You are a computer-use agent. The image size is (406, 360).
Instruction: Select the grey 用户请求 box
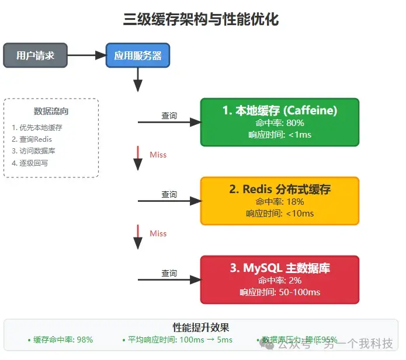click(x=36, y=55)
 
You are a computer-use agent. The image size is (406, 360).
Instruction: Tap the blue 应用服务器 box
click(x=138, y=55)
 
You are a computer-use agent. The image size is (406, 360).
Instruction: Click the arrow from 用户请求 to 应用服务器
click(x=86, y=55)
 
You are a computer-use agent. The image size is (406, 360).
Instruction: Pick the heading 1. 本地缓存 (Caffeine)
click(x=279, y=110)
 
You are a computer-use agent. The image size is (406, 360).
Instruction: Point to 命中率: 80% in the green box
click(x=279, y=123)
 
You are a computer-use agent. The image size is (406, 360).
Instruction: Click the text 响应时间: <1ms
click(x=279, y=135)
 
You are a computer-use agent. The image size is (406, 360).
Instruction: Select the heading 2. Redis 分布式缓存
click(x=279, y=189)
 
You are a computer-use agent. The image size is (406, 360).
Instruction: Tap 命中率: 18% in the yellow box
click(x=279, y=202)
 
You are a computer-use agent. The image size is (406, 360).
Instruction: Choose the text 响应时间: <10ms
click(x=279, y=214)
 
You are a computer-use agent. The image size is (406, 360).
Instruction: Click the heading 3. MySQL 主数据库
click(x=279, y=268)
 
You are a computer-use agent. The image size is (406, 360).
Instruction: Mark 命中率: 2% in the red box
click(x=279, y=281)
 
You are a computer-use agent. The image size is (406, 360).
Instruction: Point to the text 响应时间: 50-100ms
click(x=279, y=292)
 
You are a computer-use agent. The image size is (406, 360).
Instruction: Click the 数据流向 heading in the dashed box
click(x=51, y=111)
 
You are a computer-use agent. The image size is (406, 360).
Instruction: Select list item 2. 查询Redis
click(x=32, y=139)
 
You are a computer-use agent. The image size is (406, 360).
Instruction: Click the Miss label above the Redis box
click(x=158, y=155)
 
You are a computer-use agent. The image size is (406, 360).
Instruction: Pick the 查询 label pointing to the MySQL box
click(x=169, y=273)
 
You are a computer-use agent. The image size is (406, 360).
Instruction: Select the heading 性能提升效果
click(x=200, y=327)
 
